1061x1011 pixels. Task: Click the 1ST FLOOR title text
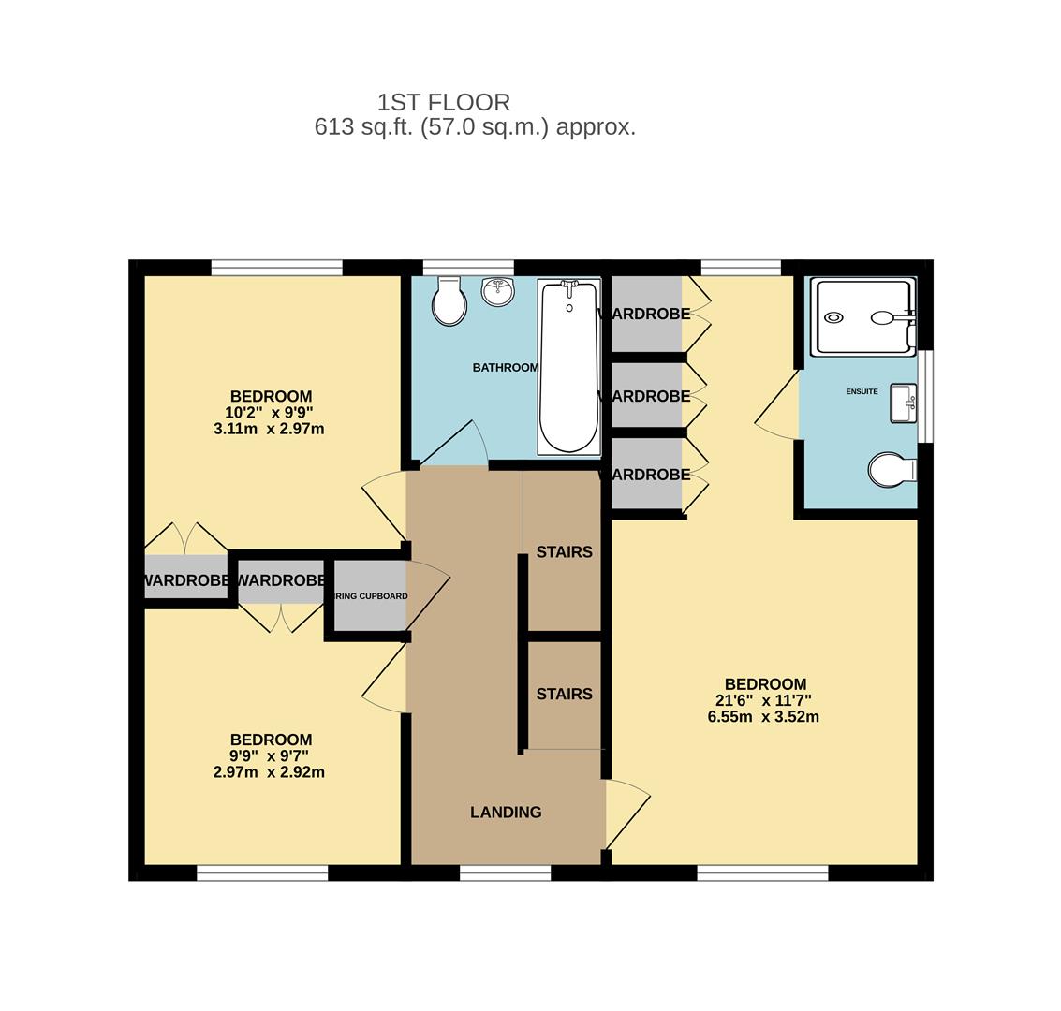coord(444,102)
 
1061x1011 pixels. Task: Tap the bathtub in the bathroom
coord(568,366)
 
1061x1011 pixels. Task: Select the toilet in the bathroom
coord(450,301)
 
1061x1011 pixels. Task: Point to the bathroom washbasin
coord(498,290)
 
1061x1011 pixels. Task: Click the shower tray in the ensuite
coord(862,316)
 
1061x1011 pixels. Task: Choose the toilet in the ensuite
coord(891,470)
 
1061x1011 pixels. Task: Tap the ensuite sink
coord(903,403)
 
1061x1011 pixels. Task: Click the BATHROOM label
coord(505,368)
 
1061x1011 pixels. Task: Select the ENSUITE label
coord(862,391)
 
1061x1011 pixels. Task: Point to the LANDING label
coord(506,813)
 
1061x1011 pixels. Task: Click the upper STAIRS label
coord(564,552)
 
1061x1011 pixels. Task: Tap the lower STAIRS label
coord(564,695)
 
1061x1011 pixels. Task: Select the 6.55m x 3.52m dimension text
coord(763,717)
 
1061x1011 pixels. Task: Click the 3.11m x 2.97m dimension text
coord(269,429)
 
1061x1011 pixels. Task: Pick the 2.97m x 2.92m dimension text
coord(269,772)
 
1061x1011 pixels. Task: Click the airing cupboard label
coord(371,596)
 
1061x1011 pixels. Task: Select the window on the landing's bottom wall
coord(505,873)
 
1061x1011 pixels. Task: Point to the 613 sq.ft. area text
coord(475,127)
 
